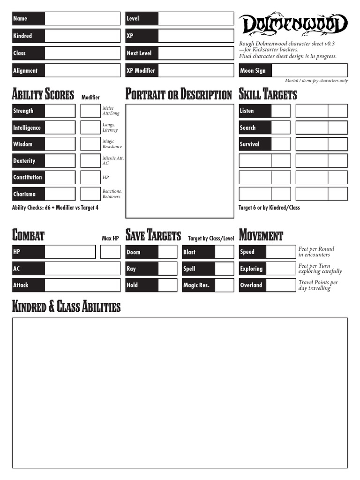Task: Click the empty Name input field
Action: pyautogui.click(x=82, y=19)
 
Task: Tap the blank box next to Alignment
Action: pyautogui.click(x=82, y=70)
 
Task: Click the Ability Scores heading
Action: pyautogui.click(x=43, y=95)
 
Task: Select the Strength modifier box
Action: pyautogui.click(x=90, y=111)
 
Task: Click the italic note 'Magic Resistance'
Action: pyautogui.click(x=112, y=144)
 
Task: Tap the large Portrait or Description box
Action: pyautogui.click(x=180, y=161)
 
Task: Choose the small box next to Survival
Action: pyautogui.click(x=281, y=144)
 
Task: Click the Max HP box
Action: pyautogui.click(x=110, y=252)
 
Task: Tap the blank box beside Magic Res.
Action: pyautogui.click(x=224, y=285)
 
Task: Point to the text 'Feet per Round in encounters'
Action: pyautogui.click(x=316, y=252)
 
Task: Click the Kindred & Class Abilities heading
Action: pyautogui.click(x=66, y=307)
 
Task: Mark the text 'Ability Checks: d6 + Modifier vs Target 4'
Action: pyautogui.click(x=55, y=207)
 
